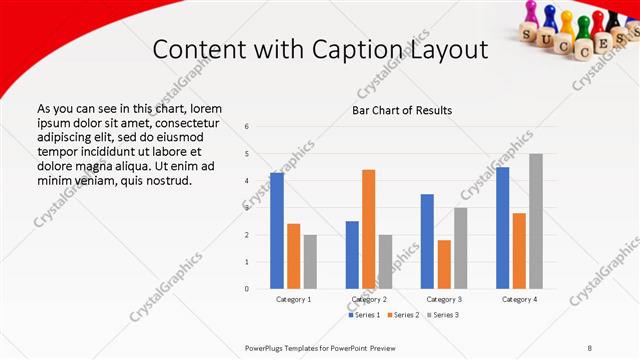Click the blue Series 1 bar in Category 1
click(276, 231)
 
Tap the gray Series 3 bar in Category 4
click(536, 221)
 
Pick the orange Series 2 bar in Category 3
click(444, 264)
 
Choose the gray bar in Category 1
click(310, 262)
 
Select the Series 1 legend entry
click(364, 315)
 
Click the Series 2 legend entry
click(403, 315)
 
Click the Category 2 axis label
click(369, 299)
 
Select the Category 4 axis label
click(519, 299)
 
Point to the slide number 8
click(590, 347)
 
